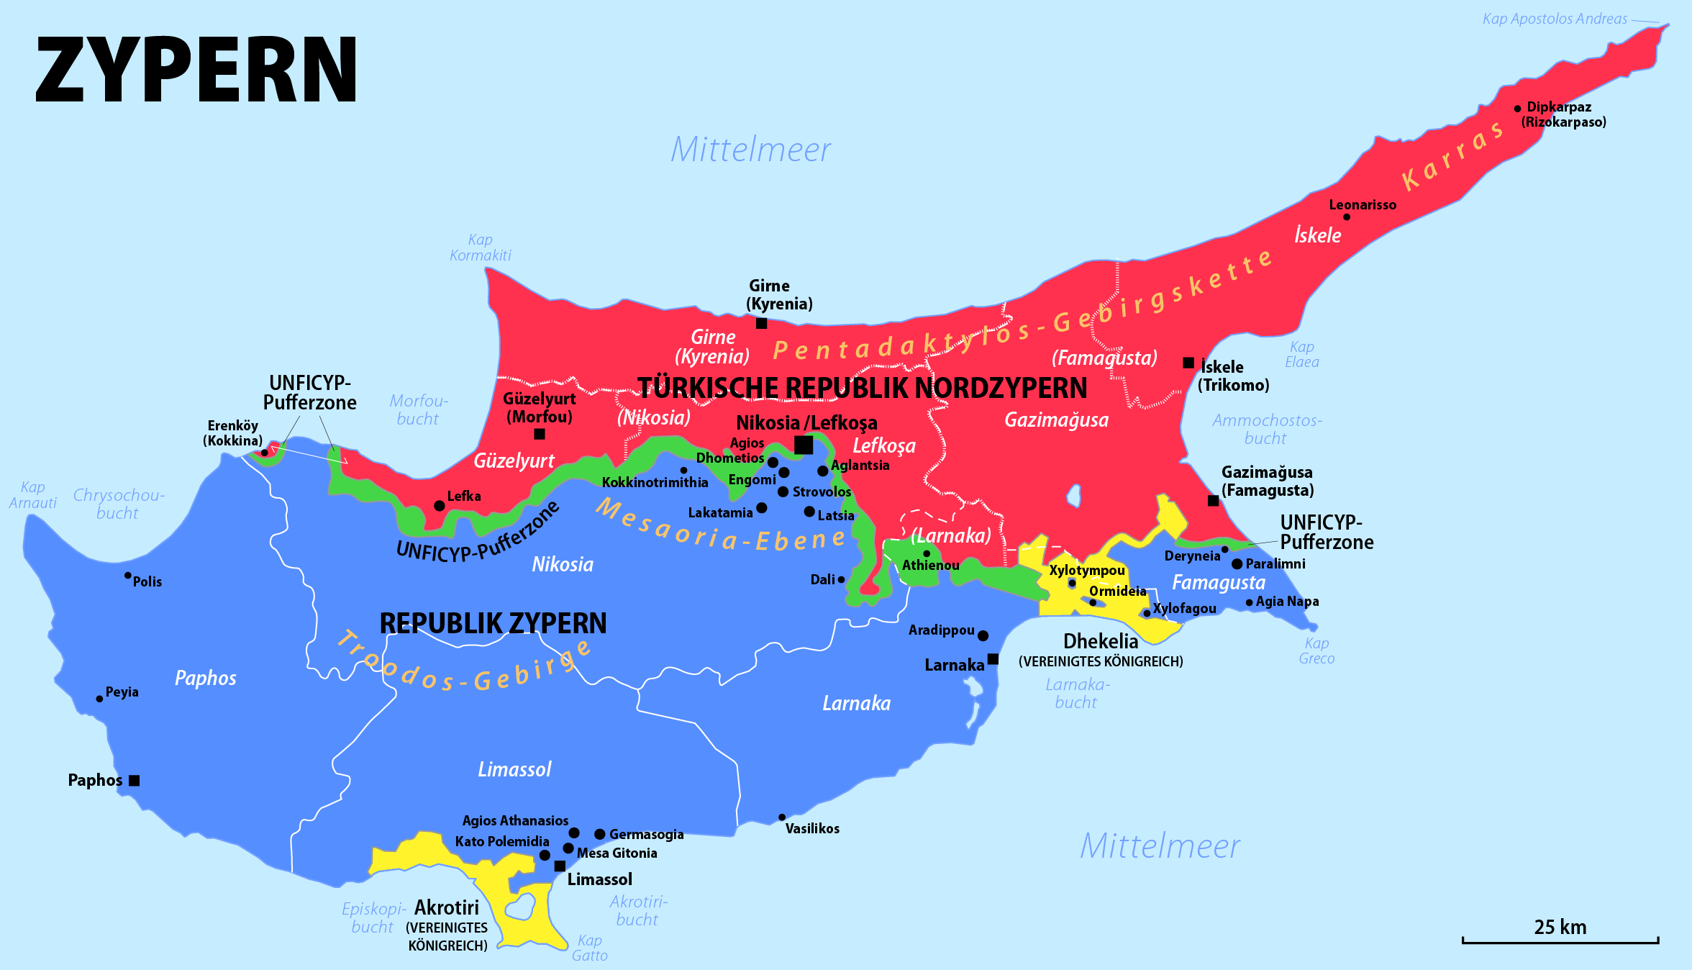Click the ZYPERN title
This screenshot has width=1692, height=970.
(196, 71)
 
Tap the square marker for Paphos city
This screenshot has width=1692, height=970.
(134, 781)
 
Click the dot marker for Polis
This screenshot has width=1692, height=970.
(127, 576)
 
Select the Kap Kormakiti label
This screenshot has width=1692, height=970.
(480, 248)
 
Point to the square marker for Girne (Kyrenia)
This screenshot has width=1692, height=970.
(761, 324)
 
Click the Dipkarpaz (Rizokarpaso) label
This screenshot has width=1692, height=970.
(1563, 114)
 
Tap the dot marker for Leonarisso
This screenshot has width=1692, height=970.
(1346, 217)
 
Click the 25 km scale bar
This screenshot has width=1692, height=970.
(1560, 939)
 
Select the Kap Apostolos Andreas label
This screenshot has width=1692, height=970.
(1555, 19)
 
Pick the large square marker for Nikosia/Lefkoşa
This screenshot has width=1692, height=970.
(804, 445)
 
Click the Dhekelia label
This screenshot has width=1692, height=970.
(1101, 641)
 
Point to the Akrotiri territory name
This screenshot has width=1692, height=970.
(446, 907)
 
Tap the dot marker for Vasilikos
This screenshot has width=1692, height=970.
(782, 817)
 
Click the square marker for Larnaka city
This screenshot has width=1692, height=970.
(993, 659)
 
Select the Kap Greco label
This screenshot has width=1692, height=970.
(1316, 651)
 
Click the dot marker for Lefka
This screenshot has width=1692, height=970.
(439, 506)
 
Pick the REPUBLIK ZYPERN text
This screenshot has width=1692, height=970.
(493, 623)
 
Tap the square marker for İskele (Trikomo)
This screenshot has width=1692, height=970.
(1188, 363)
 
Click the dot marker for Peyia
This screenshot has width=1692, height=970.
(99, 699)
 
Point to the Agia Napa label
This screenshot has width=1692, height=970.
(1287, 602)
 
